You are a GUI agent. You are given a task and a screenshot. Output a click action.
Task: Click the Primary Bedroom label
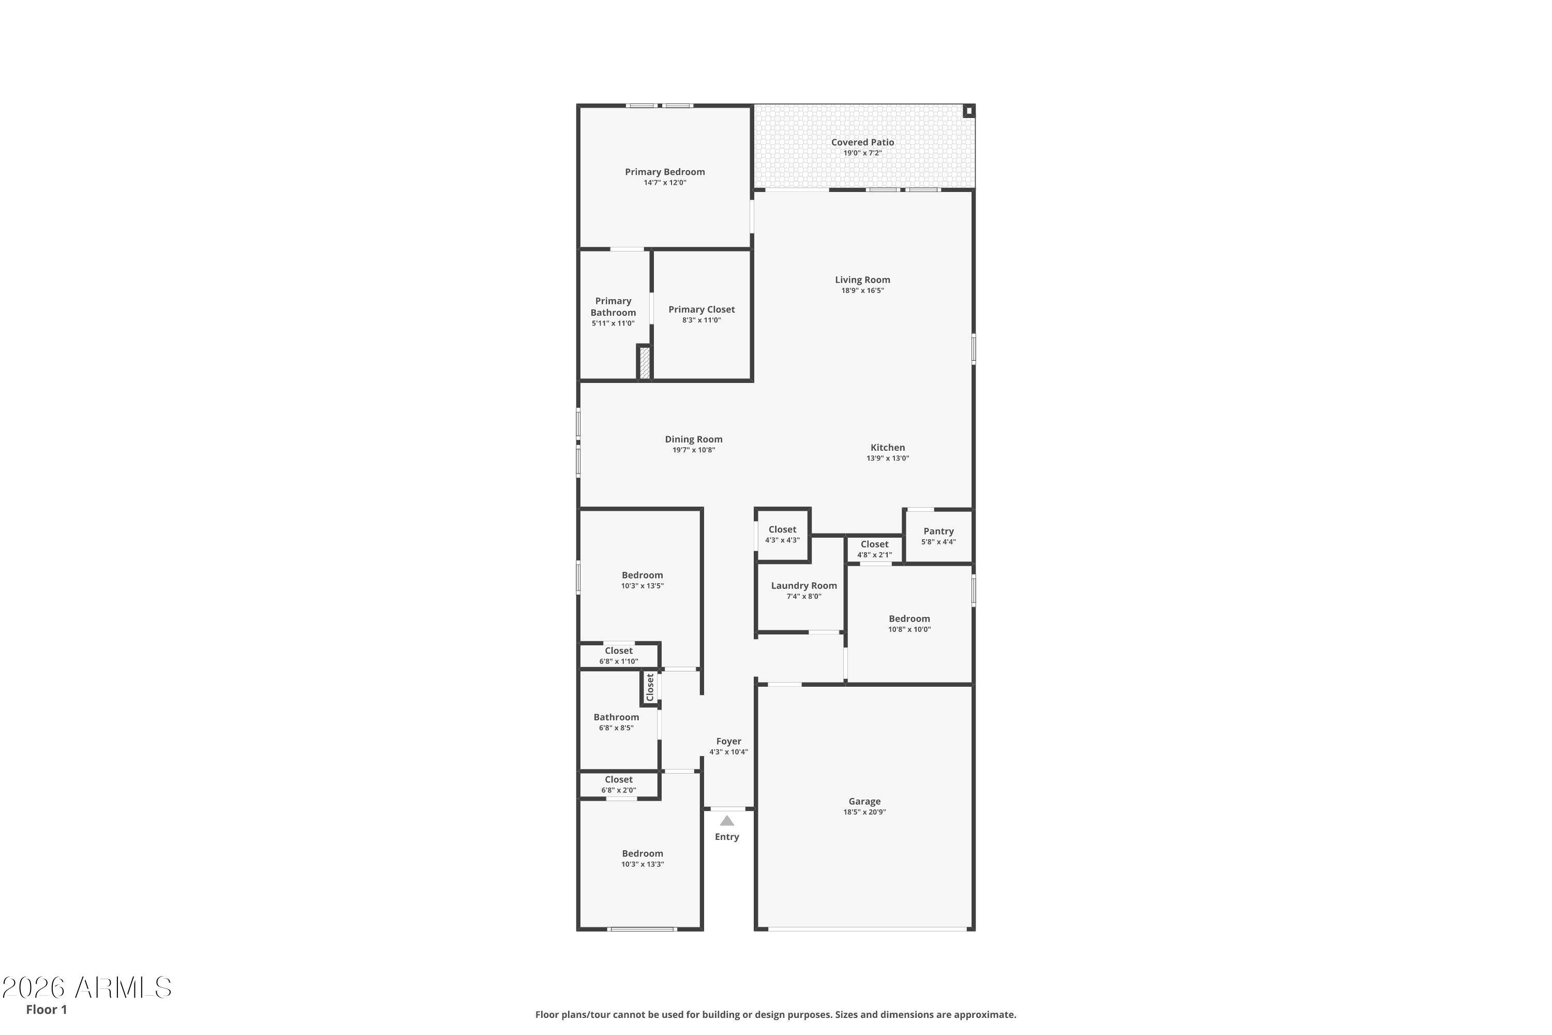(x=664, y=172)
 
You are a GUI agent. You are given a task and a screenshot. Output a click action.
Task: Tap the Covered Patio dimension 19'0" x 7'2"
(x=862, y=153)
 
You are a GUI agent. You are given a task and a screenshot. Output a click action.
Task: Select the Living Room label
(x=862, y=280)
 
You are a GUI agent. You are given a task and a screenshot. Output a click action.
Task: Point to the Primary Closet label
(x=701, y=309)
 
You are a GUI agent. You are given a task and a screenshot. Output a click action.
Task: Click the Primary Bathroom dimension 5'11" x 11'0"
(x=613, y=323)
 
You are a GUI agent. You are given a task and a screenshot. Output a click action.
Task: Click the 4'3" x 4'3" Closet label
(x=782, y=529)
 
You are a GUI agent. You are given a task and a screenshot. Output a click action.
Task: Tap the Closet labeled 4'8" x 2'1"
(x=874, y=544)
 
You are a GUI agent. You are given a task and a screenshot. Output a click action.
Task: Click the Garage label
(x=864, y=801)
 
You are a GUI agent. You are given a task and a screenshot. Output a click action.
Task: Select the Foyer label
(x=728, y=741)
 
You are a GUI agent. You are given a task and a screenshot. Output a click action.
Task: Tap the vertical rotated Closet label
(x=650, y=687)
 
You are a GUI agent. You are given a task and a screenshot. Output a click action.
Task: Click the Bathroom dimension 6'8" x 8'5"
(x=616, y=728)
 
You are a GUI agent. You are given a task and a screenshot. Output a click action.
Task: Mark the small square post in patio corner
(x=968, y=111)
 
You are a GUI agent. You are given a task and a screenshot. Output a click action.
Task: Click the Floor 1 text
(x=46, y=1009)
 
